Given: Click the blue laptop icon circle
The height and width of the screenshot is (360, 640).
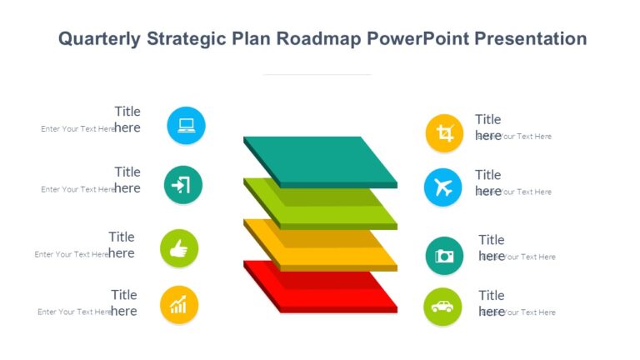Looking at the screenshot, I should [186, 126].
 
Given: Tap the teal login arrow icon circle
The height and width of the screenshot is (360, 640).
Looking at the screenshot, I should [182, 185].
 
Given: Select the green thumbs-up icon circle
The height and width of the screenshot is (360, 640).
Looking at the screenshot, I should [179, 248].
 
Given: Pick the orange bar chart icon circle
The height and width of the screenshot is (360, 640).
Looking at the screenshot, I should [179, 305].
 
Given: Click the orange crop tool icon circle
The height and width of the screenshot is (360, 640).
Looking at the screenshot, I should [444, 133].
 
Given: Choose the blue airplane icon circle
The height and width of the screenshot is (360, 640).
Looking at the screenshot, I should [442, 187].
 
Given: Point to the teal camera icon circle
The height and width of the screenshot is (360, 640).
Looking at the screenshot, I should [444, 256].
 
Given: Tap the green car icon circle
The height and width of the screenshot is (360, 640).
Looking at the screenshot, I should [442, 307].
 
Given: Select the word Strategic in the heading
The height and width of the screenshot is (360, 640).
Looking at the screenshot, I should [182, 38].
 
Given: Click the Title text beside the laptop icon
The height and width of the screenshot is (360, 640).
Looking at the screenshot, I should [127, 112].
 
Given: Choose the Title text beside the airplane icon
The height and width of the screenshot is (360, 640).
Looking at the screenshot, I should [488, 175].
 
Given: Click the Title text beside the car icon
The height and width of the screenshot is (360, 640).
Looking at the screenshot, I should [492, 295].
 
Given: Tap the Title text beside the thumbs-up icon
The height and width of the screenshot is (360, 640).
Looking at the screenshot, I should [122, 237].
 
